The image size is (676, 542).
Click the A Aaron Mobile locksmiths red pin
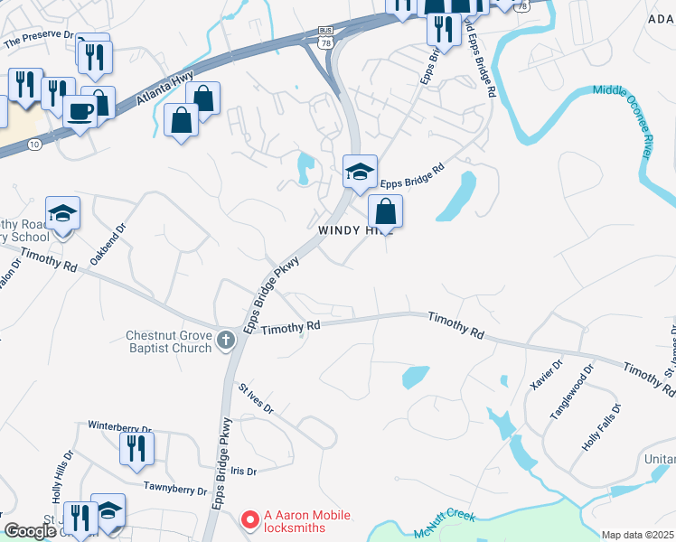tap(249, 520)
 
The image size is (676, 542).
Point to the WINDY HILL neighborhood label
tap(356, 231)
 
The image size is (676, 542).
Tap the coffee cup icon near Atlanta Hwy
tap(81, 111)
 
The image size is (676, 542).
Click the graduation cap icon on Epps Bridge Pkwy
tap(359, 171)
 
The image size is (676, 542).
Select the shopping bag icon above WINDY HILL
tap(385, 212)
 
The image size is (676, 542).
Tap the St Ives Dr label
tap(256, 398)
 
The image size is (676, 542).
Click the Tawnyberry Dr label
tap(175, 489)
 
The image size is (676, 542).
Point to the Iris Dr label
tap(244, 472)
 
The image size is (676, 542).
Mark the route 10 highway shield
tap(33, 144)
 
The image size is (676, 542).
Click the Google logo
tap(31, 532)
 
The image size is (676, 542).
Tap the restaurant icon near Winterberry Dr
tap(136, 447)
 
